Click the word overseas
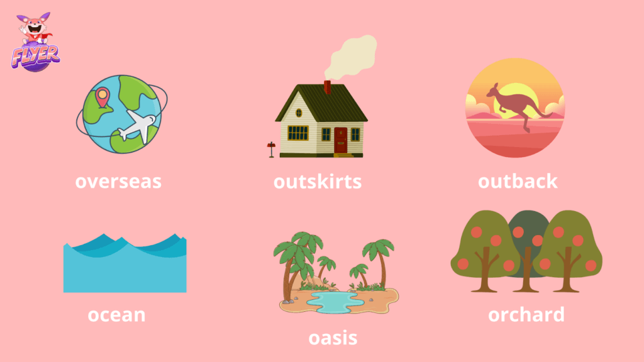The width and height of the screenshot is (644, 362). click(118, 182)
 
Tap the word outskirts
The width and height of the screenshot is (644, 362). click(318, 182)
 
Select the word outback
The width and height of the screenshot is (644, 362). click(518, 181)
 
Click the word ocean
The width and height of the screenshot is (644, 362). click(116, 315)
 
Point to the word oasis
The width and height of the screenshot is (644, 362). click(333, 337)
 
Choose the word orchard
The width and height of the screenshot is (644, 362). click(526, 315)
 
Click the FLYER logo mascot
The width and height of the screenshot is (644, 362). click(35, 41)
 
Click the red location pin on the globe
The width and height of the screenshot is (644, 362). click(103, 97)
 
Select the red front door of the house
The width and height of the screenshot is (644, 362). click(340, 140)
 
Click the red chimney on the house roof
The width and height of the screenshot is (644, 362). click(327, 87)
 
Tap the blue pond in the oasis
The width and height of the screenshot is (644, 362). click(335, 302)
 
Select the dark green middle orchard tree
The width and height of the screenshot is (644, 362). click(528, 246)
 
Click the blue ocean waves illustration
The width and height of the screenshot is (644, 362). click(125, 263)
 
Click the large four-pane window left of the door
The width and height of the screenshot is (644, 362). click(297, 133)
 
